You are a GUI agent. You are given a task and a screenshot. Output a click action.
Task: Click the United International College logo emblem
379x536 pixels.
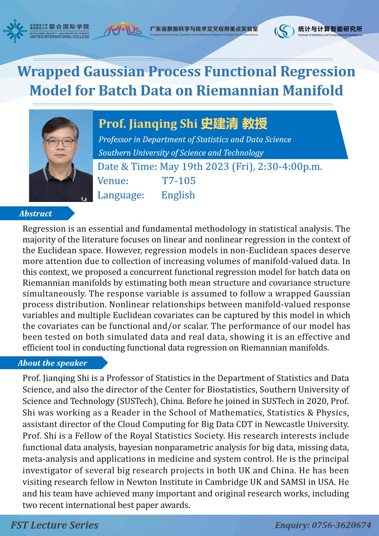15,31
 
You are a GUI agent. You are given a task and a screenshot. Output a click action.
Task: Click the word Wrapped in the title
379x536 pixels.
48,72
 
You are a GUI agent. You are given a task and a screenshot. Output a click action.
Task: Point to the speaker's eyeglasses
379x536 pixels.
60,143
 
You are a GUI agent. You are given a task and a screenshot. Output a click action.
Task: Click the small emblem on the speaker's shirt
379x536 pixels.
84,199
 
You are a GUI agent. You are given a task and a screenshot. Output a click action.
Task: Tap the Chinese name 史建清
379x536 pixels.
219,124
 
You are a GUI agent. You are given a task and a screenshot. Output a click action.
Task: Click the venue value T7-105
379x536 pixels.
179,181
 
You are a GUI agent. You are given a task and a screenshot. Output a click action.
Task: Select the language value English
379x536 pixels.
178,195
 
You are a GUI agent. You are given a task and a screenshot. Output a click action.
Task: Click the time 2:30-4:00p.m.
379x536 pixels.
290,167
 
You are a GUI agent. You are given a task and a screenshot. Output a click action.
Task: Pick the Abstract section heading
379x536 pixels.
35,214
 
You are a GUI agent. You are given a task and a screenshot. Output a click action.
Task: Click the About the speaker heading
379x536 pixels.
52,363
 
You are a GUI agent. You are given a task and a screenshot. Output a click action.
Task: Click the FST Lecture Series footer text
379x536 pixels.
54,525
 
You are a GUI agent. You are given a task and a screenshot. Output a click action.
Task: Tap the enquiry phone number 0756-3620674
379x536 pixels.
341,525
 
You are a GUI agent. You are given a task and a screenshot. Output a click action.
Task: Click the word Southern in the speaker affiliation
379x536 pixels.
114,153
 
